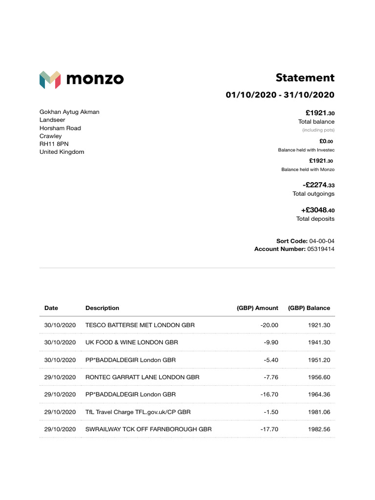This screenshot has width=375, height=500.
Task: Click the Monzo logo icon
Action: point(50,80)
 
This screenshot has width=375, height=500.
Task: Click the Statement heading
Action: point(305,78)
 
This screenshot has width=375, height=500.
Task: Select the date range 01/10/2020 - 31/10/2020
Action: point(280,95)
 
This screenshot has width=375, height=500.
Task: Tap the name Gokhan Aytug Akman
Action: point(69,112)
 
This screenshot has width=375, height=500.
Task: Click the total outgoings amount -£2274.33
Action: point(318,185)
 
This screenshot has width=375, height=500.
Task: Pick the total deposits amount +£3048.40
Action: point(318,210)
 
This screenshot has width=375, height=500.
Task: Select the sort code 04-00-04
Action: point(322,241)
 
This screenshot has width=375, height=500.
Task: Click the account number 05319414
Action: point(321,249)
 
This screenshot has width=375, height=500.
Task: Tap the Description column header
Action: point(102,308)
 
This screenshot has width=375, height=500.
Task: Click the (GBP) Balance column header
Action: point(309,308)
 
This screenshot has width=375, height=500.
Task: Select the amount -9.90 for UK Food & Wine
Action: point(270,342)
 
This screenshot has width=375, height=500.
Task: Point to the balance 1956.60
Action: point(319,377)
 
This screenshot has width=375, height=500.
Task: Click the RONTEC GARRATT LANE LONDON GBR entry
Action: point(142,377)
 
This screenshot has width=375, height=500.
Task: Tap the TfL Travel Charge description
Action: point(138,412)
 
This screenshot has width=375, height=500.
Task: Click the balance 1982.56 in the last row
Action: point(319,429)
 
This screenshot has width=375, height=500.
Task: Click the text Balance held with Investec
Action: point(306,150)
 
